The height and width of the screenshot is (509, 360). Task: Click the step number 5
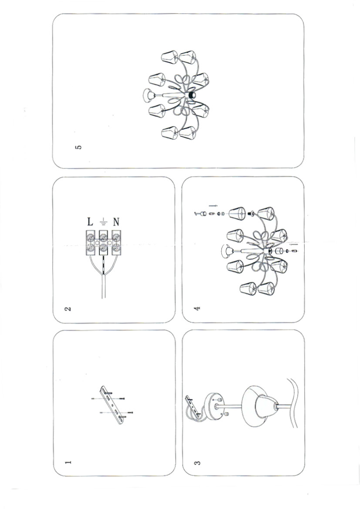(78, 147)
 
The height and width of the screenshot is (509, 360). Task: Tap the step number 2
(68, 308)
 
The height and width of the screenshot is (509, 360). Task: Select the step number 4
(197, 308)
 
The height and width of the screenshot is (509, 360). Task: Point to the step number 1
(68, 462)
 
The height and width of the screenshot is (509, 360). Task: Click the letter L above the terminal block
(90, 222)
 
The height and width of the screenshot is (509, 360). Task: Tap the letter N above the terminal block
(116, 222)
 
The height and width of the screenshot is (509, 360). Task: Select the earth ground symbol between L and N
(103, 222)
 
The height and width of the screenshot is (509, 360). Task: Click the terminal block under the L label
(91, 243)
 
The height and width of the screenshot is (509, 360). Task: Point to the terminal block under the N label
(116, 243)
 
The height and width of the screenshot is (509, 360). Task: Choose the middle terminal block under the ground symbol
(103, 243)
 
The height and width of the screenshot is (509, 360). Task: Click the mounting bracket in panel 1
(112, 404)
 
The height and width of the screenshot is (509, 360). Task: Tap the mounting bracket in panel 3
(194, 405)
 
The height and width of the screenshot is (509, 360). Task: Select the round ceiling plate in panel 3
(213, 406)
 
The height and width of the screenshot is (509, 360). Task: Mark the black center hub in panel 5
(192, 95)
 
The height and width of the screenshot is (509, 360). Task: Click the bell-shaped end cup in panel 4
(227, 251)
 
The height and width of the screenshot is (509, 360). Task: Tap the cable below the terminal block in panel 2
(103, 286)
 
